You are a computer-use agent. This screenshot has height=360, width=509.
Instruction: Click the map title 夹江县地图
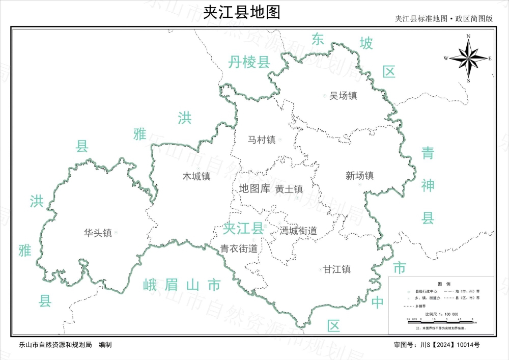pos(242,12)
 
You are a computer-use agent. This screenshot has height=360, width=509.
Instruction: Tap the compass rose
pos(468,58)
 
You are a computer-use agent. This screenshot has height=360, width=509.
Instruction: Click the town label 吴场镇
pos(343,96)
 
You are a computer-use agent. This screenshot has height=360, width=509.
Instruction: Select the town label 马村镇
pos(261,139)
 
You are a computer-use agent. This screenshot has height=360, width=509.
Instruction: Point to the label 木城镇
pos(196,177)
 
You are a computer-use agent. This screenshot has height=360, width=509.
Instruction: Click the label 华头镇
pos(98,233)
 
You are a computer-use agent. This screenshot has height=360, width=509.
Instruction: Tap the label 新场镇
pos(359,176)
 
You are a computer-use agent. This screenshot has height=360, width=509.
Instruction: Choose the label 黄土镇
pos(289,189)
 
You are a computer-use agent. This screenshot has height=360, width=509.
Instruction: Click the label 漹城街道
pos(298,231)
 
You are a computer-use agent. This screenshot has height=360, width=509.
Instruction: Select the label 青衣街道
pos(238,248)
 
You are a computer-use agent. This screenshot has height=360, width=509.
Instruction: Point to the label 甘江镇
pos(336,269)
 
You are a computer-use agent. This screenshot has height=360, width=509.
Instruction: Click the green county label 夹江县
pos(243,229)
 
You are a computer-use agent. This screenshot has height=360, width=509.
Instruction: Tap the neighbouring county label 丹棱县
pos(248,63)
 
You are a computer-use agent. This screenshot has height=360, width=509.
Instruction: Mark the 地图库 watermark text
pos(254,189)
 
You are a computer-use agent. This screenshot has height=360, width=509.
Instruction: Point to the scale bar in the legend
pos(440,319)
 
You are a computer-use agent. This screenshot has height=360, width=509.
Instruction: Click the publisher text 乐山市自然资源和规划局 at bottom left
pos(54,345)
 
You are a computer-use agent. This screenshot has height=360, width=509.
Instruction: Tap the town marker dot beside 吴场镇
pos(325,96)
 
